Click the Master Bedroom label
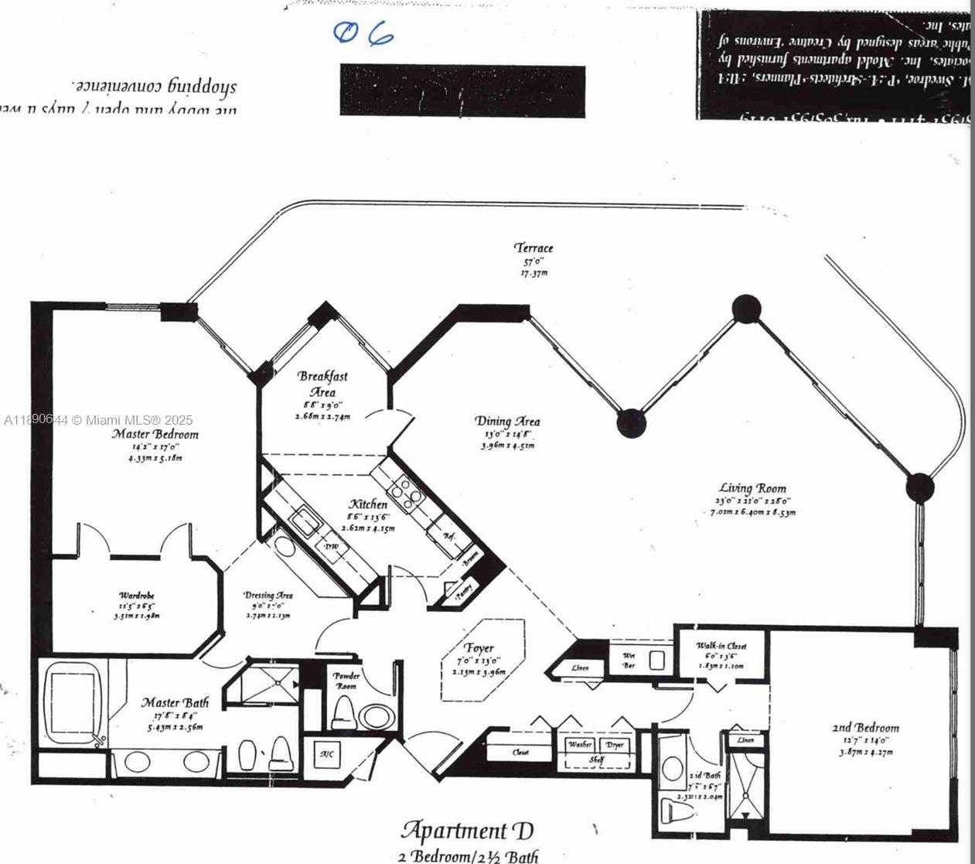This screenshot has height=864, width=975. tap(155, 434)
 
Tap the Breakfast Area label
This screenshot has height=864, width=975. tap(323, 384)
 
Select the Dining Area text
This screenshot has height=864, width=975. tap(507, 421)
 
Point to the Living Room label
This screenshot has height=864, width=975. tap(752, 488)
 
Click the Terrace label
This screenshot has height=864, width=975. tap(534, 248)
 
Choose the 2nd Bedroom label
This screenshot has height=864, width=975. tap(865, 728)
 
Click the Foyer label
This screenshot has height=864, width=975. tap(479, 648)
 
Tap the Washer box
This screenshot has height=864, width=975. tap(580, 744)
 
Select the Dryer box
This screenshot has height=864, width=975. tap(615, 744)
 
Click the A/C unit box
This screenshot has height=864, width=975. tap(326, 754)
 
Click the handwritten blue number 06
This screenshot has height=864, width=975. tap(363, 34)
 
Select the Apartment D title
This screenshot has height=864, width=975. tap(467, 832)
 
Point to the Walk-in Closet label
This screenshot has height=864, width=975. tap(720, 645)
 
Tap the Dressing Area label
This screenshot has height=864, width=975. tap(268, 596)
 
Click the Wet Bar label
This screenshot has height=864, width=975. tap(629, 660)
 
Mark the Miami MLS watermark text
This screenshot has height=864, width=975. tap(98, 420)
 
